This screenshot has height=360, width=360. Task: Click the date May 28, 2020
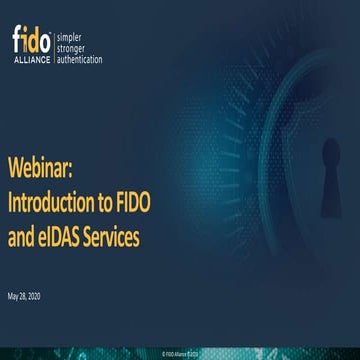point(24,298)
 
